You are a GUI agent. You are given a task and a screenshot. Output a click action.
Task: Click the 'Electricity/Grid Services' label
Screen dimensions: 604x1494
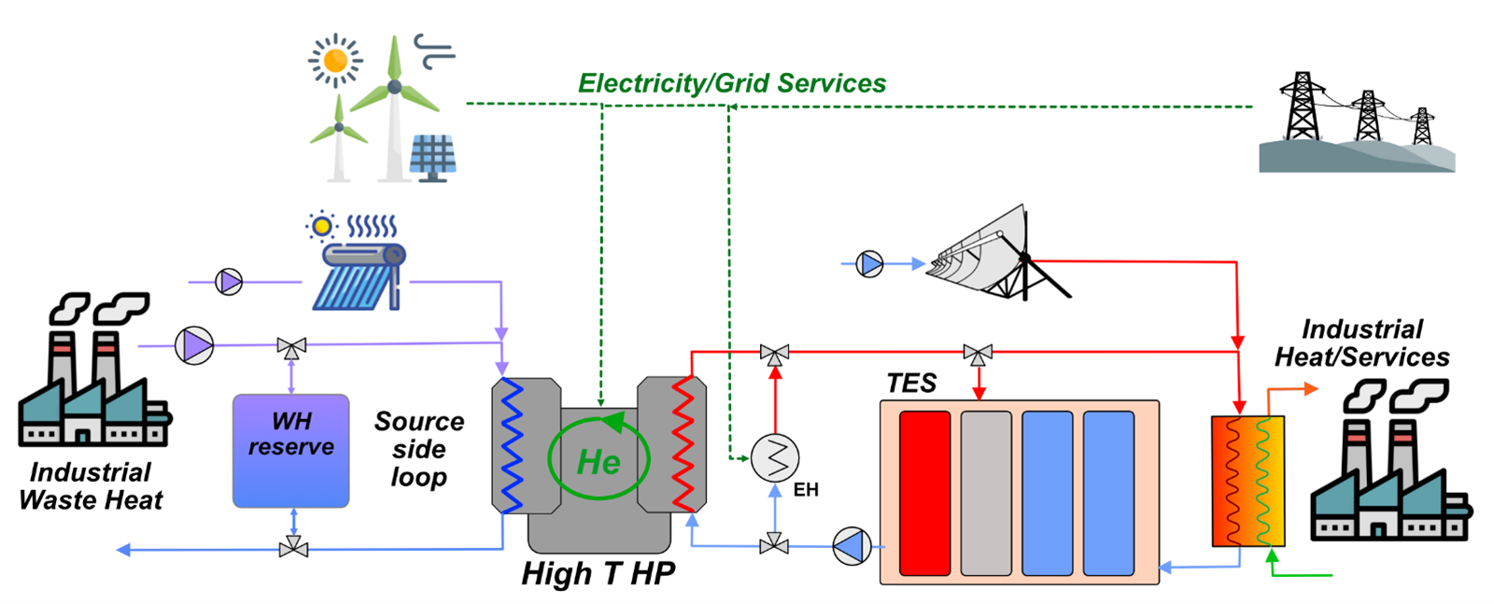(732, 83)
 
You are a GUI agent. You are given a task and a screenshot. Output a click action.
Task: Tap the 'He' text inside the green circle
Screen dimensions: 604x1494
(599, 462)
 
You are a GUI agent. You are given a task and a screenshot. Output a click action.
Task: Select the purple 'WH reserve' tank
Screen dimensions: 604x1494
(290, 451)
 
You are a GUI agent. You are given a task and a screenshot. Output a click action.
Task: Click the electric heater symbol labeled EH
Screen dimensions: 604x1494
(775, 457)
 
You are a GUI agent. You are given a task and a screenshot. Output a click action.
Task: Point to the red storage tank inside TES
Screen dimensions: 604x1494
(924, 493)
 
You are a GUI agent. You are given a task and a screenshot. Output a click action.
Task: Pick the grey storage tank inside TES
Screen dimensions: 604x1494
(986, 493)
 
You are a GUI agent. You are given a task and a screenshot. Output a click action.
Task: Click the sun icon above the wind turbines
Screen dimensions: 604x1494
(335, 61)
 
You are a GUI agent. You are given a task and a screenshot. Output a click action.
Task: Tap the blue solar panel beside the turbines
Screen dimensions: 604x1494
(432, 156)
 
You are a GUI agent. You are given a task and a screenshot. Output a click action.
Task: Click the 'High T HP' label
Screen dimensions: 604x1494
(598, 573)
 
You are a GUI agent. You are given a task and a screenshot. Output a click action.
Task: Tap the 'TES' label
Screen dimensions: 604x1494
(911, 384)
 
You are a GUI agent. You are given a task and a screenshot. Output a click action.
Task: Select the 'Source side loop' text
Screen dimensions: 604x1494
(419, 449)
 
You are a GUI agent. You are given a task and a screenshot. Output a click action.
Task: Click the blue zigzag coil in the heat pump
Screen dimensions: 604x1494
(511, 444)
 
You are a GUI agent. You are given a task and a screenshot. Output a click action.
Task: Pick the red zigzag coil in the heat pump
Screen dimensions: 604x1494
(684, 444)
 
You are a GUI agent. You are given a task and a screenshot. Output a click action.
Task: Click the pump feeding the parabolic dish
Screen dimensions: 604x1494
(870, 264)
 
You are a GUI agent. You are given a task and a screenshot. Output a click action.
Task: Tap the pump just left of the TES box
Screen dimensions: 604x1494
(852, 546)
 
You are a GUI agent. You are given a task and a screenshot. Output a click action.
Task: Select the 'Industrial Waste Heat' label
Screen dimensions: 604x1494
(91, 486)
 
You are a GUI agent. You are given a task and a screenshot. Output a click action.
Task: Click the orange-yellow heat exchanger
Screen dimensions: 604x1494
(1247, 481)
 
